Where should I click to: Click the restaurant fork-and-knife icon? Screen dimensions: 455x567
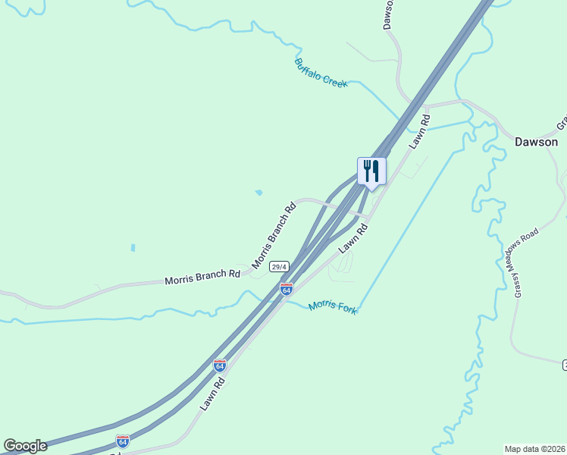pos(371,171)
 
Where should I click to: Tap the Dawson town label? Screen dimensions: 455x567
pos(536,142)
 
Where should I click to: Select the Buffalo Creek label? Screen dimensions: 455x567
pos(321,73)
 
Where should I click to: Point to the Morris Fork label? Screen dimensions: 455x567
pos(333,306)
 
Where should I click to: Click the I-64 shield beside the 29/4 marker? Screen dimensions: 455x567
pos(286,289)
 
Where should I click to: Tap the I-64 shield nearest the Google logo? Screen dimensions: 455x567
pos(123,441)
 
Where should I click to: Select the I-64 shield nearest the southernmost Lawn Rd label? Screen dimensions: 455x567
pos(219,366)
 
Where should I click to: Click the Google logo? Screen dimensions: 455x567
pos(25,446)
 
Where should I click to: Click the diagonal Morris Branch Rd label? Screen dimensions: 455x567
pos(274,236)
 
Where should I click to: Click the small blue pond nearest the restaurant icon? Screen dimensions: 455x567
pos(258,193)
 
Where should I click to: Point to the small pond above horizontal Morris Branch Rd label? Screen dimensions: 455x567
pos(133,247)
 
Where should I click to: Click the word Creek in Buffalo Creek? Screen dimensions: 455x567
pos(334,79)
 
